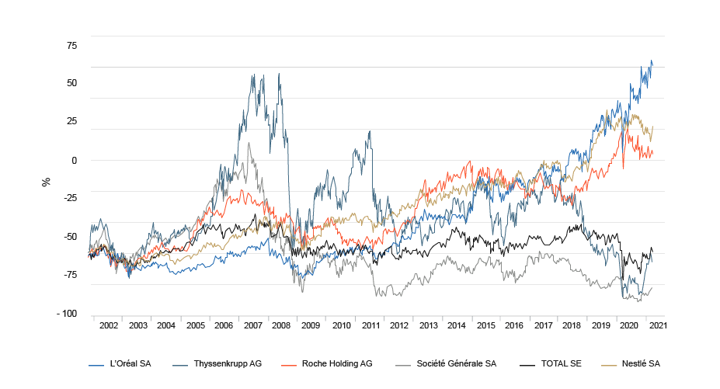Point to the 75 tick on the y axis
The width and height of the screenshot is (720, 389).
coord(71,45)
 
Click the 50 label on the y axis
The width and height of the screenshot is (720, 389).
coord(71,83)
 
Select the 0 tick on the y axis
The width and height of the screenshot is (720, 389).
coord(74,161)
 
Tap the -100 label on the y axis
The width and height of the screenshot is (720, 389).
coord(68,314)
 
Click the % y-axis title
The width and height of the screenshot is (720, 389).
coord(46,182)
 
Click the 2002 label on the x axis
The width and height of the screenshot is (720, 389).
coord(109,327)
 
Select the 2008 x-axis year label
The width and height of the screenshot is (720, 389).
coord(281,327)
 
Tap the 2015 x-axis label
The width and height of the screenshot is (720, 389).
coord(485,327)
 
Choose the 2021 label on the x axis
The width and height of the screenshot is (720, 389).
coord(657,327)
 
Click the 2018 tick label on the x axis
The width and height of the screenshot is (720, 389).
coord(571,327)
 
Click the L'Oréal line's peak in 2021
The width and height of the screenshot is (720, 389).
coord(651,61)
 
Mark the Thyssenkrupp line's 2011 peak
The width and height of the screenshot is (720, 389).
coord(370,131)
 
